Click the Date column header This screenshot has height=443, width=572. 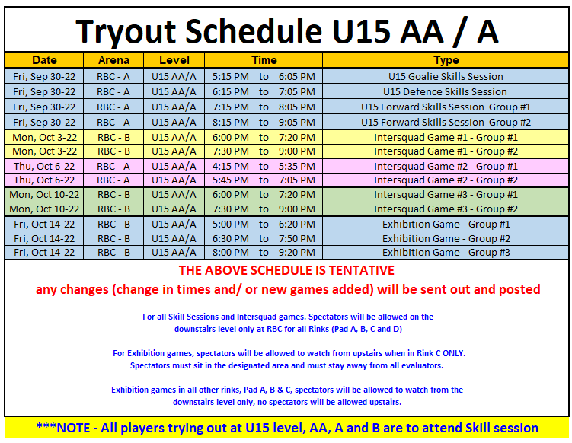pos(44,60)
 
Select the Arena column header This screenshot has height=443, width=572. pos(113,60)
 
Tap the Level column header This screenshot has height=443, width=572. pos(174,60)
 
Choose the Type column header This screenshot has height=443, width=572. pos(446,60)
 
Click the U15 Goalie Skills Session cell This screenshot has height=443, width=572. pos(446,76)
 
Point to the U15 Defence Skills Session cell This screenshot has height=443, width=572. pos(446,91)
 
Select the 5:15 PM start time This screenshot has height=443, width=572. pos(230,76)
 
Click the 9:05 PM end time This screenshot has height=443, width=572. pos(297,122)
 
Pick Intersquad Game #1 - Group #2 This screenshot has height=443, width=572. pos(446,151)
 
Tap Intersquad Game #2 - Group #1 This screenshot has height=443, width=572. pos(446,166)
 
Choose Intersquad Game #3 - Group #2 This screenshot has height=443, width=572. pos(446,209)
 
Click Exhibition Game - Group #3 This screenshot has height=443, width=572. pos(446,253)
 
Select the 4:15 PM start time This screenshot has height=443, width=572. pos(230,166)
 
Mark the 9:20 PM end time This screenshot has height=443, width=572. pos(297,253)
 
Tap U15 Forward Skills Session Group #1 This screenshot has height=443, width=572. pos(446,107)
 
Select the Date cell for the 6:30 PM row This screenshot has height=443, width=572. pos(44,238)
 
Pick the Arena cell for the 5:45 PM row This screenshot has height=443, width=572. pos(113,180)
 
